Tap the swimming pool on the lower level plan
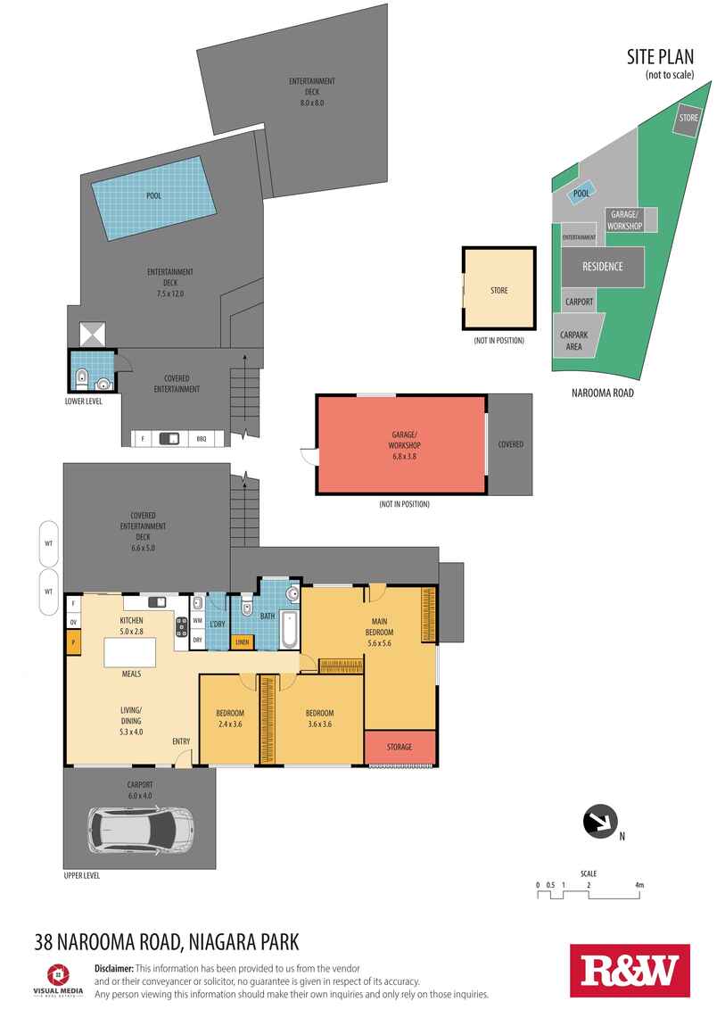tap(154, 197)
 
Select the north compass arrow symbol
tap(600, 822)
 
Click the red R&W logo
tap(630, 971)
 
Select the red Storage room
tap(400, 747)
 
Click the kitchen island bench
tap(130, 652)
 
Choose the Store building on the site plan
tap(688, 119)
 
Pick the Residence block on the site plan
tap(603, 267)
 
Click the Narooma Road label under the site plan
tap(603, 393)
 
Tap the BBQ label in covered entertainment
tap(202, 438)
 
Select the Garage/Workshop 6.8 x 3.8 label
tap(404, 445)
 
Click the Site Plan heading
tap(660, 57)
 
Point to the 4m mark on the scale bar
tap(639, 885)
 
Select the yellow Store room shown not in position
tap(499, 288)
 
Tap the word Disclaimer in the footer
tap(114, 968)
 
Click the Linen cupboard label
tap(243, 641)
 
